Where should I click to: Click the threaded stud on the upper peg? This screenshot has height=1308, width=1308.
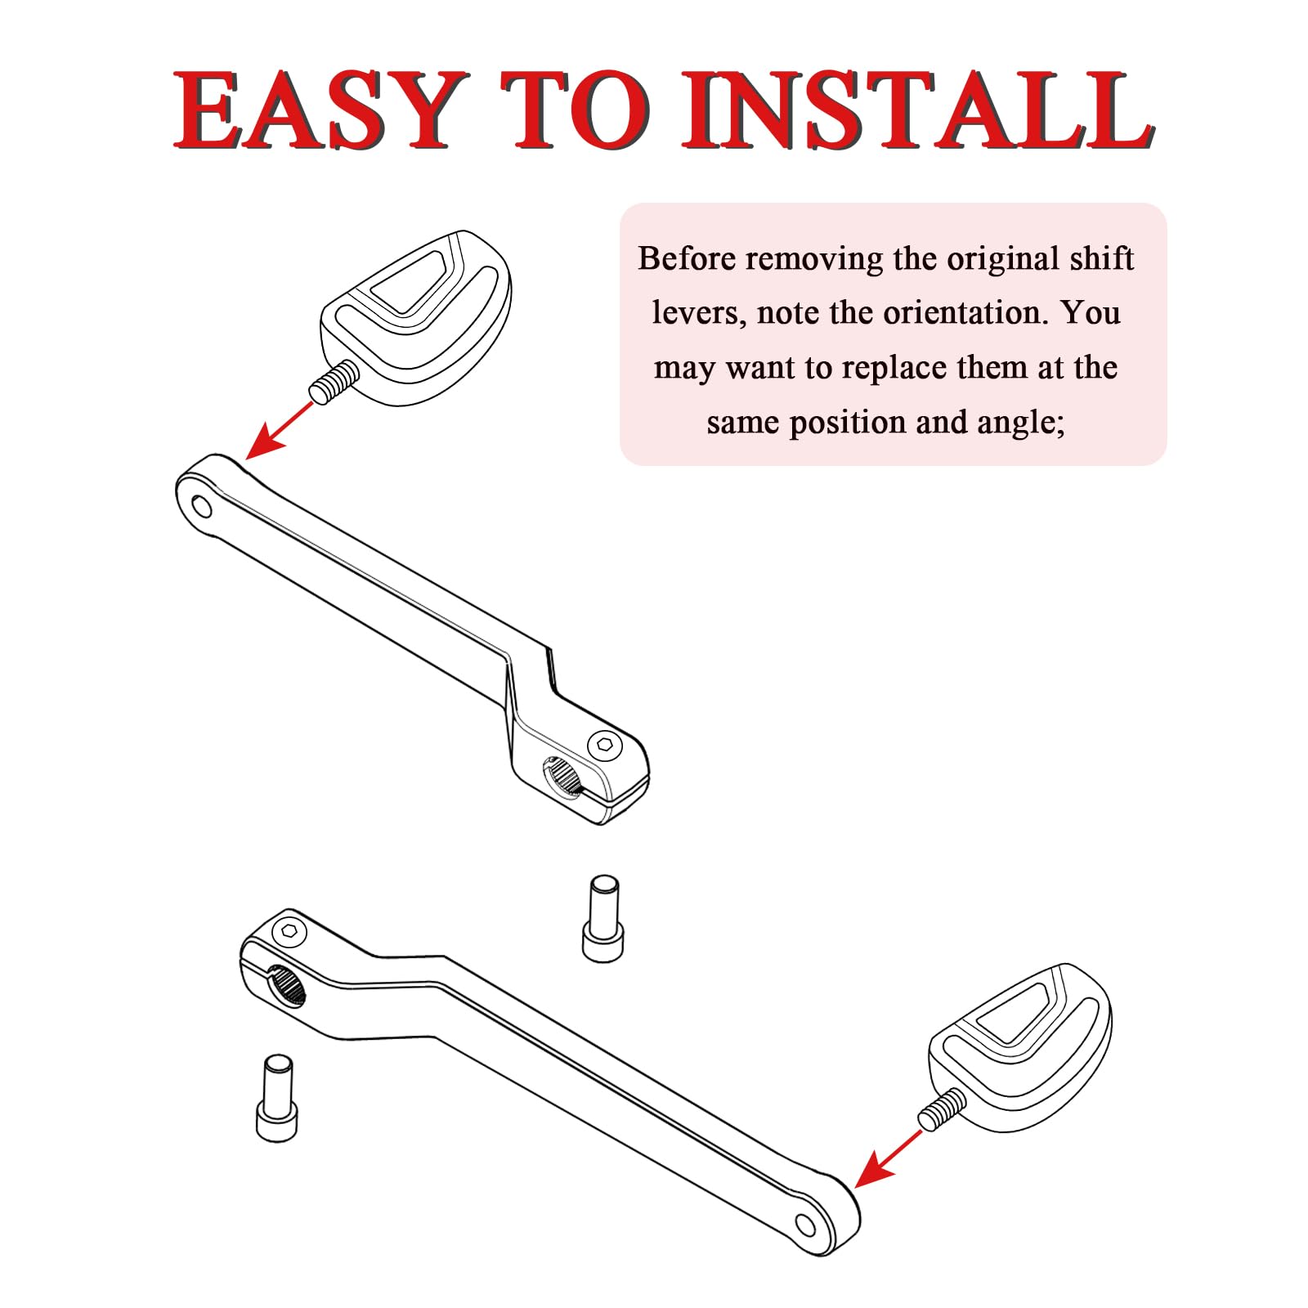pos(334,380)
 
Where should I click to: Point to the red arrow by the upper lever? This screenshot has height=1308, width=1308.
pos(279,430)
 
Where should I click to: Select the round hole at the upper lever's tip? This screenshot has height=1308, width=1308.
pos(200,507)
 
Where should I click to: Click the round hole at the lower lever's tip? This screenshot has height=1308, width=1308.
pos(806,1225)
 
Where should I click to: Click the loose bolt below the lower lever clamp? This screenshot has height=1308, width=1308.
pos(277,1097)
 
